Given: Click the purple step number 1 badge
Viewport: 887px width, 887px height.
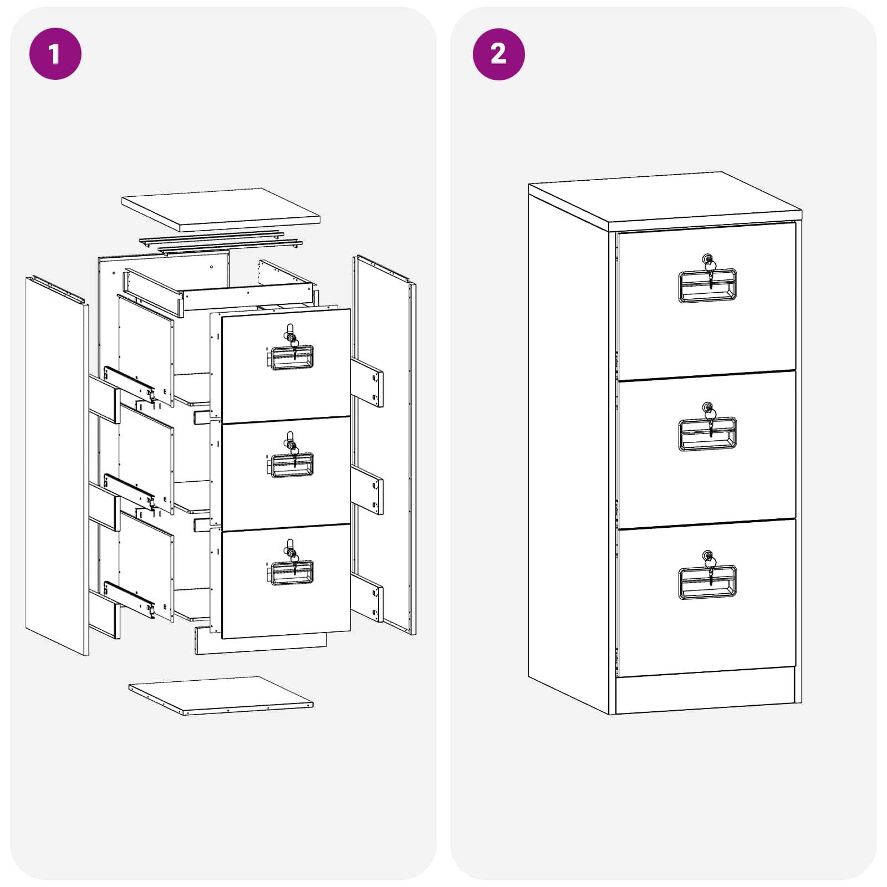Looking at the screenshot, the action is tap(55, 54).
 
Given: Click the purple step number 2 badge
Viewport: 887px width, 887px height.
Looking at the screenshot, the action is tap(498, 54).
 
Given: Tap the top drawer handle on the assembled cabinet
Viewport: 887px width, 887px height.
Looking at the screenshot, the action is tap(707, 286).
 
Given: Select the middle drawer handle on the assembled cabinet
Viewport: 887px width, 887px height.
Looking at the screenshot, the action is tap(707, 434).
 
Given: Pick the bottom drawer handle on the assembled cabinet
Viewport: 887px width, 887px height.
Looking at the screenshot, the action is tap(707, 582).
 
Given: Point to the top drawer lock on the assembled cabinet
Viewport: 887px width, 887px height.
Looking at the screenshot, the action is tap(708, 261).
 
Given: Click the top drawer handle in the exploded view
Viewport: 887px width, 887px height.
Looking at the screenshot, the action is tap(290, 358).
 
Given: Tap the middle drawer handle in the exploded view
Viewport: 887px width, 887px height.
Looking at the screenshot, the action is tap(290, 466).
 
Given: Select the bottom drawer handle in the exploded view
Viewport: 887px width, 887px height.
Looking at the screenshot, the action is tap(290, 573).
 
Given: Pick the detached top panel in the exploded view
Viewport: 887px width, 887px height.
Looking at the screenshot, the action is tap(221, 210).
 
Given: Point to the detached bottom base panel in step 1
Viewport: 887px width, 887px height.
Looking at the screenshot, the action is tap(221, 695).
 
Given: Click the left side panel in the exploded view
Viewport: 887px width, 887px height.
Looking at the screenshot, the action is tap(57, 466).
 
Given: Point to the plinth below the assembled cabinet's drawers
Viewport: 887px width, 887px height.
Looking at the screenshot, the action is tap(705, 691).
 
